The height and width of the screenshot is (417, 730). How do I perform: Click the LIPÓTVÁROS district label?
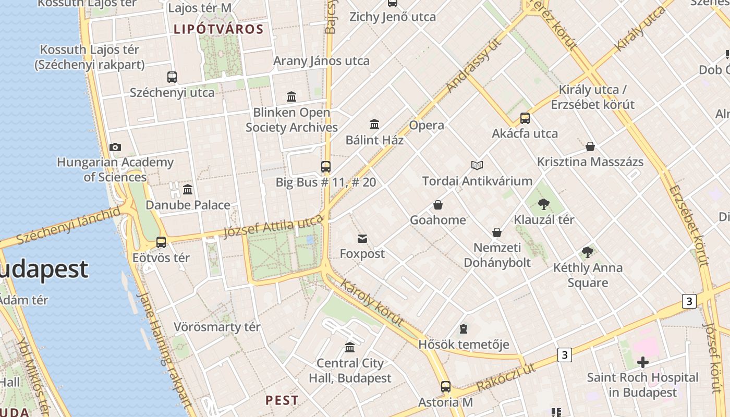[218, 29]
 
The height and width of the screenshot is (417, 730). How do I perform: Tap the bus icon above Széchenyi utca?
[172, 77]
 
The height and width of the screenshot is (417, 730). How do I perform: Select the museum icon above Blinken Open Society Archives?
[291, 97]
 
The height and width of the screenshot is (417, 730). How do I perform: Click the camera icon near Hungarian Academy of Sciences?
[115, 148]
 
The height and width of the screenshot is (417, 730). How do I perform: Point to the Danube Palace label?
[188, 205]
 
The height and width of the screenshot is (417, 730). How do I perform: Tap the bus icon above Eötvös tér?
[161, 242]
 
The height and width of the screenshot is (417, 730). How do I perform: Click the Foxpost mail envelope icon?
[362, 239]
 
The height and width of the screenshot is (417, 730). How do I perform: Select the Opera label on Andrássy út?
[427, 125]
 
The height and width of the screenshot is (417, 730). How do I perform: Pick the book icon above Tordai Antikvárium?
[477, 166]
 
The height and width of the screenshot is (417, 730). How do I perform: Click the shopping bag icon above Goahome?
[438, 205]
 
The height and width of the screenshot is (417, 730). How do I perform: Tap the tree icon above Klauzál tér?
[544, 204]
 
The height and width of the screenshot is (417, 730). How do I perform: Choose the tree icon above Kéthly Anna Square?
[588, 253]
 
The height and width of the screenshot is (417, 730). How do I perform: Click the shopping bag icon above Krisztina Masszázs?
[590, 146]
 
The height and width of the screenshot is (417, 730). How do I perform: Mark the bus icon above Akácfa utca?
[525, 118]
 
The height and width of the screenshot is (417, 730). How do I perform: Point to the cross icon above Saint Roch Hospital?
[643, 362]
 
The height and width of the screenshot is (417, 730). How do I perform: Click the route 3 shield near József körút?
[689, 301]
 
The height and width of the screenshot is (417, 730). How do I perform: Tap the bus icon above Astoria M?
[446, 387]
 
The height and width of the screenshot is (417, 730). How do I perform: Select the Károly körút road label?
[372, 302]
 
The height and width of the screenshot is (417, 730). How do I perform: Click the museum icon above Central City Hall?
[350, 348]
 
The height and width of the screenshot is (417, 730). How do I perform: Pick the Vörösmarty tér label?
[217, 327]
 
